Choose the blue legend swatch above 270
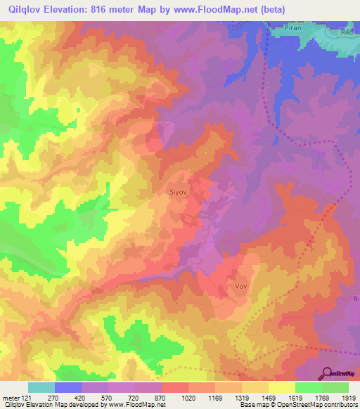coord(67,387)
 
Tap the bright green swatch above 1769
coord(308,387)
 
